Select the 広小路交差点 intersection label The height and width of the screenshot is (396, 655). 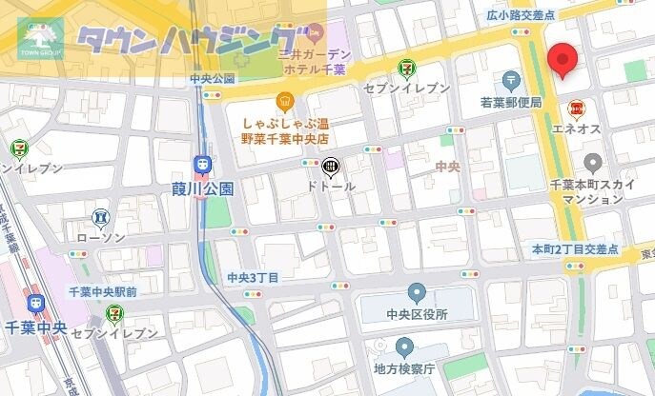pyautogui.click(x=520, y=15)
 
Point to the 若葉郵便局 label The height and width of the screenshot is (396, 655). pyautogui.click(x=511, y=103)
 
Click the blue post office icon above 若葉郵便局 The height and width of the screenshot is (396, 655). pyautogui.click(x=512, y=79)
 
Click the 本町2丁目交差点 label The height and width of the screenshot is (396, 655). pyautogui.click(x=575, y=249)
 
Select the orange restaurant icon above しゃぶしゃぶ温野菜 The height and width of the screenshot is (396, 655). pyautogui.click(x=284, y=101)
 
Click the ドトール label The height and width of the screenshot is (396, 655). pyautogui.click(x=331, y=187)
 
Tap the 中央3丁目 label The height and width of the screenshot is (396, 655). pyautogui.click(x=253, y=277)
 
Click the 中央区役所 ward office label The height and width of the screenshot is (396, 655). pyautogui.click(x=417, y=315)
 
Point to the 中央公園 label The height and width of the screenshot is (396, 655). pyautogui.click(x=213, y=78)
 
